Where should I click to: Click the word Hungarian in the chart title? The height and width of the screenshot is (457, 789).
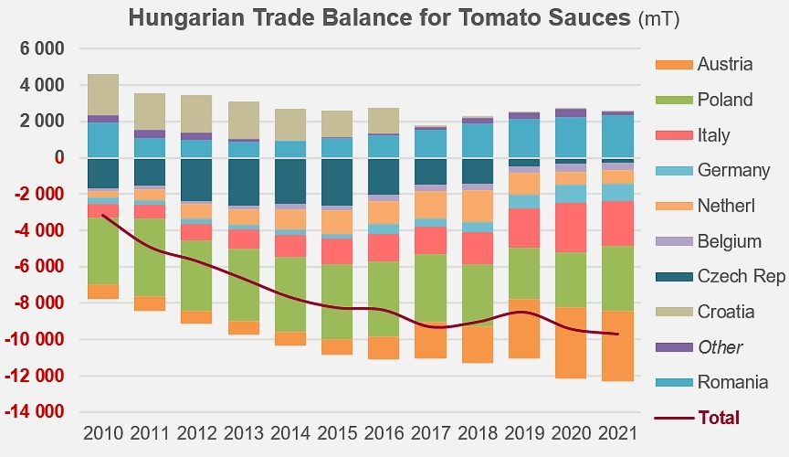click(185, 18)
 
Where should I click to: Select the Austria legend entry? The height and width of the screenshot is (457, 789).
click(704, 64)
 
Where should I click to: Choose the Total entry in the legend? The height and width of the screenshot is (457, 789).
click(697, 418)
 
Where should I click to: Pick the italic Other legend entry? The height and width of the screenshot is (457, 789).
click(699, 347)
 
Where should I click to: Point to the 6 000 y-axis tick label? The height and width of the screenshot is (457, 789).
click(42, 48)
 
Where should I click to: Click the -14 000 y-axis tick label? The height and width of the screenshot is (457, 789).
click(35, 411)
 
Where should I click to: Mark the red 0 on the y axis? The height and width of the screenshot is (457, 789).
click(59, 158)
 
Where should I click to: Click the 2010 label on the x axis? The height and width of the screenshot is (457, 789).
click(103, 433)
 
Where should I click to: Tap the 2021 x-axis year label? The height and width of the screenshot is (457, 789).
click(618, 433)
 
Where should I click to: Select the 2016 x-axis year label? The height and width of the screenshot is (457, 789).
click(384, 433)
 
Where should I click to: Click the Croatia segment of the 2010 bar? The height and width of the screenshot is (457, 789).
click(103, 95)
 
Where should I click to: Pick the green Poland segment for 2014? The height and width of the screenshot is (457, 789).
click(290, 294)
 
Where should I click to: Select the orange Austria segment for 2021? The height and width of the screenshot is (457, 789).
click(618, 346)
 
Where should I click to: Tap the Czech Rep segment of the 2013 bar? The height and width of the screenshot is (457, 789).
click(244, 182)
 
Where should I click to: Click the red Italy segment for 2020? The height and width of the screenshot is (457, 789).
click(571, 228)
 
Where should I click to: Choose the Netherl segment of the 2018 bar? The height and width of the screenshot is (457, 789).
click(478, 206)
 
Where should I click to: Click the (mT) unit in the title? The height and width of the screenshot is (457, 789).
click(659, 19)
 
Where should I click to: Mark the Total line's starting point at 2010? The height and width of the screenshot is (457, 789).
click(102, 215)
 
